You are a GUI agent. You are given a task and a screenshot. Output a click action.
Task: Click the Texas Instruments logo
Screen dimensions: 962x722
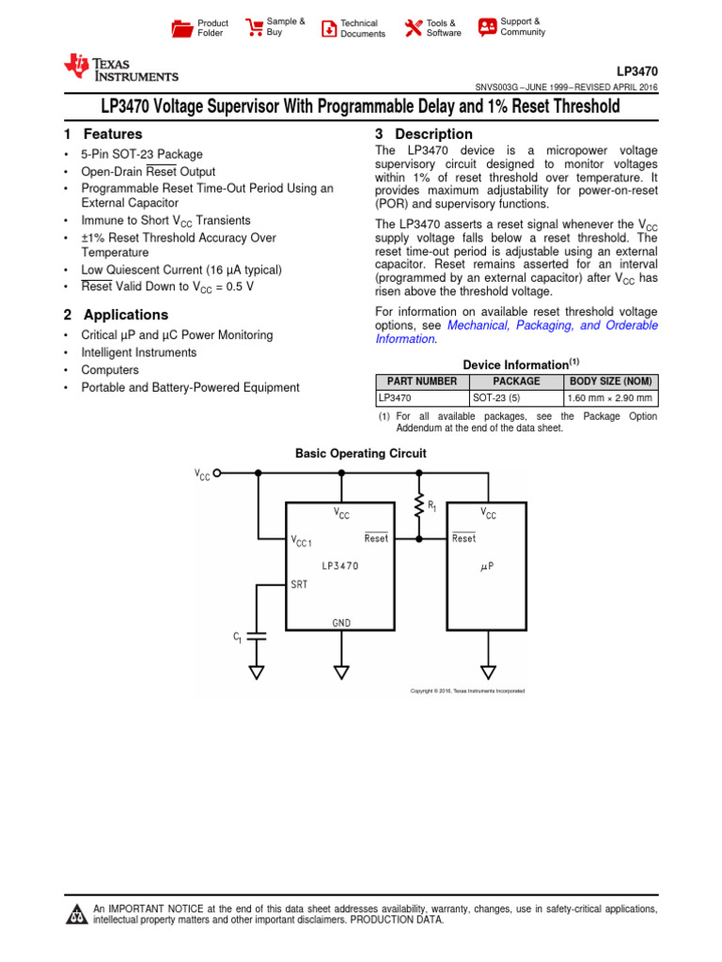[x=120, y=69]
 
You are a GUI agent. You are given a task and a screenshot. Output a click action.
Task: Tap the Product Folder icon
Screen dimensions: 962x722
[x=181, y=28]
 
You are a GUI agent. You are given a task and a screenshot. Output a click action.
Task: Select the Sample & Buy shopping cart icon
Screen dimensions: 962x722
[x=254, y=27]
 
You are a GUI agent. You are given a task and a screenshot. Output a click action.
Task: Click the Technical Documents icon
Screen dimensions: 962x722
[x=328, y=28]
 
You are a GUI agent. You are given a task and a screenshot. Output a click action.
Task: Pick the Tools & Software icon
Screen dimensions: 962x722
[x=413, y=28]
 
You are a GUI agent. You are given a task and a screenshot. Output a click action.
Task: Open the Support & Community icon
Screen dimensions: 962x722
[x=487, y=26]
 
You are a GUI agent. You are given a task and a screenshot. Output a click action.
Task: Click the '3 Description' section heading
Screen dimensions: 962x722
[x=423, y=134]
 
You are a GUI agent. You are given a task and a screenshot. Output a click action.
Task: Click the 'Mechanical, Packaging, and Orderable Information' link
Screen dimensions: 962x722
[x=553, y=325]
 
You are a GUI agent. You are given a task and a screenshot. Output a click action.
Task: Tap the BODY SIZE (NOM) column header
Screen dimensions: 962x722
[x=610, y=381]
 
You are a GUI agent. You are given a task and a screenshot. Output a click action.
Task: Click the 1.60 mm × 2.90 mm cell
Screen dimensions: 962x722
[x=610, y=398]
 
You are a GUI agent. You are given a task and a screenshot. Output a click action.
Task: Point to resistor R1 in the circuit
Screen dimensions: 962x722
[x=419, y=507]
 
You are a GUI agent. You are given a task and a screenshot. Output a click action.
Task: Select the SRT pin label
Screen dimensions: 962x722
[x=300, y=584]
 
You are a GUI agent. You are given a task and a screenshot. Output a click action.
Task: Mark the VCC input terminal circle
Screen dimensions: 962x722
[x=218, y=473]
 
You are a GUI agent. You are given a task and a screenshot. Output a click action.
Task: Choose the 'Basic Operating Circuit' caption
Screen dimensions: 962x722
[x=360, y=453]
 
